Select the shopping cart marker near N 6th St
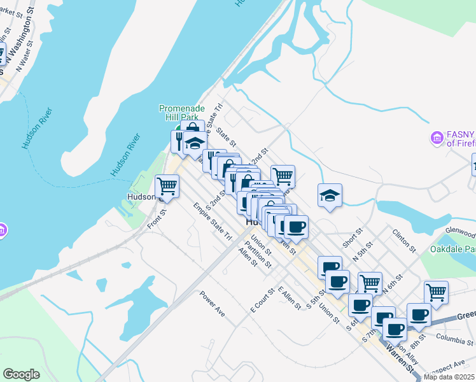pos(370,283)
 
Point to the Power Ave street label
pos(212,304)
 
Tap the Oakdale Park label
pos(453,248)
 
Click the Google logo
pos(22,374)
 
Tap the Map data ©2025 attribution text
pos(450,376)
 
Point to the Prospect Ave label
pos(446,365)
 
